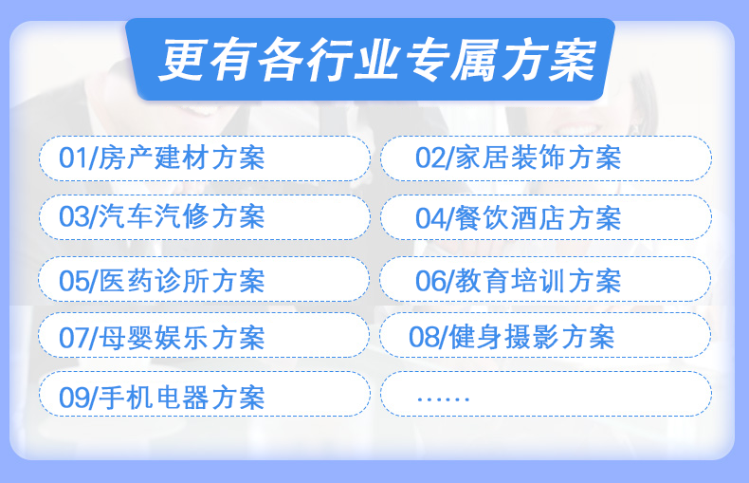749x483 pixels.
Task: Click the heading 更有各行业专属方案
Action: [377, 60]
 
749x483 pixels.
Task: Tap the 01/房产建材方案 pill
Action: [205, 158]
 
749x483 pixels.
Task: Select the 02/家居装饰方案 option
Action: [546, 158]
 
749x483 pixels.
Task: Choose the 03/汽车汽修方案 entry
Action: [205, 217]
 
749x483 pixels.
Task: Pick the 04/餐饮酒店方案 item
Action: [546, 217]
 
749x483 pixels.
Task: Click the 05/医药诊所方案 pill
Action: [204, 279]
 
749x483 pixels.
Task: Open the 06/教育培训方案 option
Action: [545, 279]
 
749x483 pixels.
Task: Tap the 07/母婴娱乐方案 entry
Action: [204, 335]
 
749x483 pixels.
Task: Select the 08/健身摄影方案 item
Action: [545, 335]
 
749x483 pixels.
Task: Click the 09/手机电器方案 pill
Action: [205, 394]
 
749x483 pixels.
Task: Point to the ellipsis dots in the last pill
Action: [444, 399]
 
